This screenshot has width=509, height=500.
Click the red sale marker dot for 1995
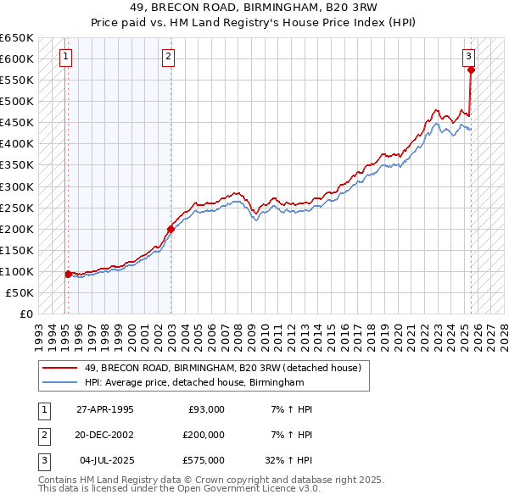click(x=68, y=274)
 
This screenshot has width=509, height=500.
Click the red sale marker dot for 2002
click(x=171, y=228)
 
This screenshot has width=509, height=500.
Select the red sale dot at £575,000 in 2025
click(x=472, y=69)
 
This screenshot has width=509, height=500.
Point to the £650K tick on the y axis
click(x=17, y=38)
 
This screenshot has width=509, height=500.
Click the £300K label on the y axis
click(x=17, y=186)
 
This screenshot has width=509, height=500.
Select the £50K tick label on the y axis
click(x=20, y=292)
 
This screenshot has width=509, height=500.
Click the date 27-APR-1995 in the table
click(x=105, y=409)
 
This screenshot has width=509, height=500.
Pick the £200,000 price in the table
click(x=204, y=435)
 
